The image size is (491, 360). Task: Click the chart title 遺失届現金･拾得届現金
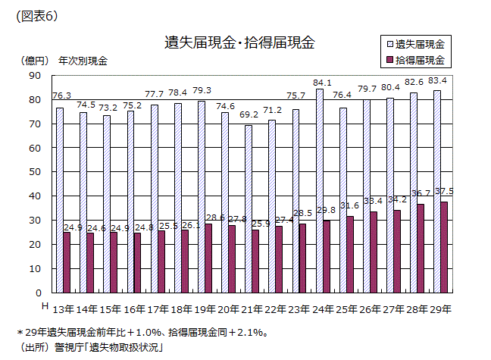239,42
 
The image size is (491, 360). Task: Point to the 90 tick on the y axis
33,75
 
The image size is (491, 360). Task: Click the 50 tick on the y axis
33,172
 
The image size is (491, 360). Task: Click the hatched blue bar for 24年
319,190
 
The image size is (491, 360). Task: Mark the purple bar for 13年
67,262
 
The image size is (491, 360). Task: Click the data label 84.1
322,83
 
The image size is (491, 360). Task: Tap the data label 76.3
62,95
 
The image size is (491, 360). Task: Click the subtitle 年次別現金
83,61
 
